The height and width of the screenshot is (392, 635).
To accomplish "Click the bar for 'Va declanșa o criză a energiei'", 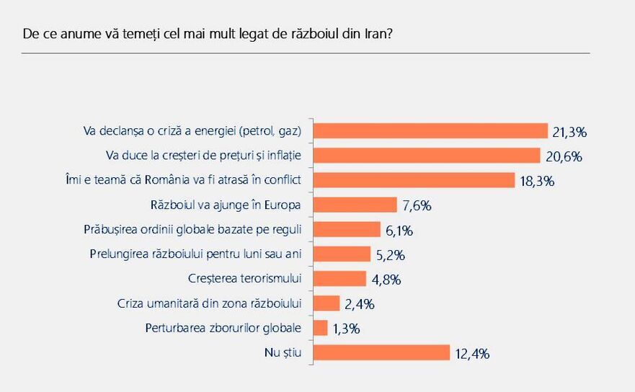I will point(431,131).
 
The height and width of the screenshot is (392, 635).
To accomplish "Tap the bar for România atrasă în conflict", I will point(414,180).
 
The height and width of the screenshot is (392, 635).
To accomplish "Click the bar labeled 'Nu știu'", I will point(383,352).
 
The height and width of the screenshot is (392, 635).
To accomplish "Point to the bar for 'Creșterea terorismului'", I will point(341,278).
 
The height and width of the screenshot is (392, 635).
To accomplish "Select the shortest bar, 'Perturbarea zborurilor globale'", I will point(321,328).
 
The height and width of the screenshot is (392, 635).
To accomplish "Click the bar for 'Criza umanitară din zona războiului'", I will point(327,303).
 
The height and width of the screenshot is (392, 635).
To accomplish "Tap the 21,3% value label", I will point(569,132).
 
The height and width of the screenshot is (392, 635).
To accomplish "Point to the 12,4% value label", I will point(472,353).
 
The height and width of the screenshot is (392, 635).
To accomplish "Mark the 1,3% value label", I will point(347,329).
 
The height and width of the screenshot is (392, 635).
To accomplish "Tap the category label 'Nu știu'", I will point(283,352).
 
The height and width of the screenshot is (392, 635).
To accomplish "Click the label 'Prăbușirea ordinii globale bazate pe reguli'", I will point(192,229).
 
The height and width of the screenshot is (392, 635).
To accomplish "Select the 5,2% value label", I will point(390,254).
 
